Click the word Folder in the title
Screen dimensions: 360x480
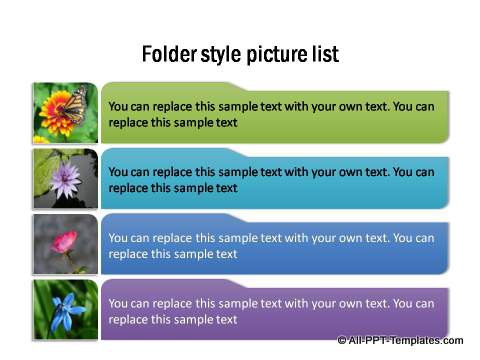tap(165, 53)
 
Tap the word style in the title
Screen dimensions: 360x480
tap(219, 53)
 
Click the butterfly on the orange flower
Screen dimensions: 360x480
tap(74, 103)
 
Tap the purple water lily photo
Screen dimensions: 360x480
tap(66, 179)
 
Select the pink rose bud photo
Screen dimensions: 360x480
tap(66, 244)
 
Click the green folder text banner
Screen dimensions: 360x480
tap(275, 114)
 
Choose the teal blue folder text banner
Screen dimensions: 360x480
tap(275, 179)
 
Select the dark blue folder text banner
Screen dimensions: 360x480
tap(275, 245)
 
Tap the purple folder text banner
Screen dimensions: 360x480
tap(275, 311)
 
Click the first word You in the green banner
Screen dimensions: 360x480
tap(118, 107)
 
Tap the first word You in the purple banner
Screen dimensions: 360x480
tap(118, 304)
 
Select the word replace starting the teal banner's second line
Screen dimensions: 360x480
tap(130, 188)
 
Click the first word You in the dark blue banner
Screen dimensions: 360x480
tap(118, 238)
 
